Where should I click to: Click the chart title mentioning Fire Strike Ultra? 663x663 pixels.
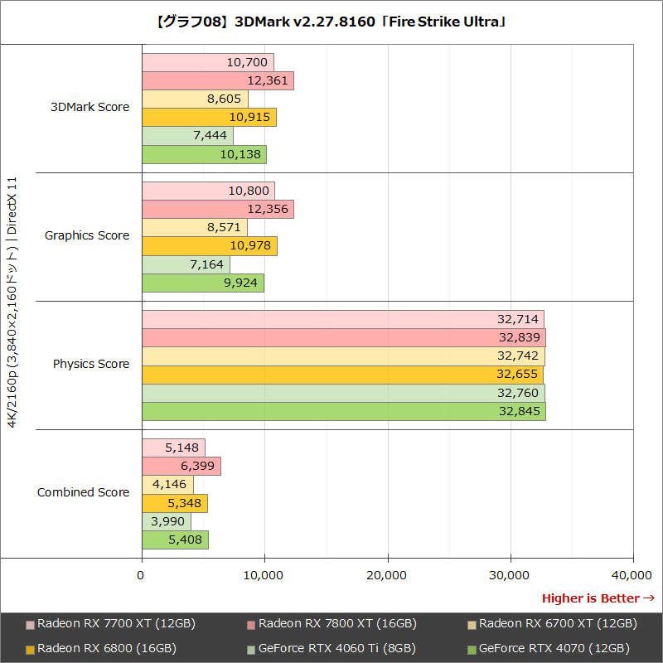tap(331, 22)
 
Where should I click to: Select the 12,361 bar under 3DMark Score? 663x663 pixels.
tap(218, 81)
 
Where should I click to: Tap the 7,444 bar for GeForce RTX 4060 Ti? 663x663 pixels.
tap(187, 136)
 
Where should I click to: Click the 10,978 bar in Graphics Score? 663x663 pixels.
tap(210, 246)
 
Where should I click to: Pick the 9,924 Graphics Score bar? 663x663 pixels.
tap(203, 283)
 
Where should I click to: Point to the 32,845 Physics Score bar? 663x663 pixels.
tap(344, 412)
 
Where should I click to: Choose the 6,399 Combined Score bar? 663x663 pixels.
tap(181, 467)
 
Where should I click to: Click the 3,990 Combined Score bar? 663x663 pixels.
tap(167, 522)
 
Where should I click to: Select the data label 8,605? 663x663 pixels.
tap(224, 99)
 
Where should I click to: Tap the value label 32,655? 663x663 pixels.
tap(518, 375)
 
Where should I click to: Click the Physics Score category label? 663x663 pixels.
tap(91, 364)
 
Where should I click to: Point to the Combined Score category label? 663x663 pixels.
tap(83, 492)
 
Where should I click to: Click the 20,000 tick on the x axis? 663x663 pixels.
tap(387, 574)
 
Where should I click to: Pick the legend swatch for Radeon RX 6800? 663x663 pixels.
tap(31, 649)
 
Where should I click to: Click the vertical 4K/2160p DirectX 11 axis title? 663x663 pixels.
tap(12, 300)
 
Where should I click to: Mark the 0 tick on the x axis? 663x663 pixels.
tap(142, 574)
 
